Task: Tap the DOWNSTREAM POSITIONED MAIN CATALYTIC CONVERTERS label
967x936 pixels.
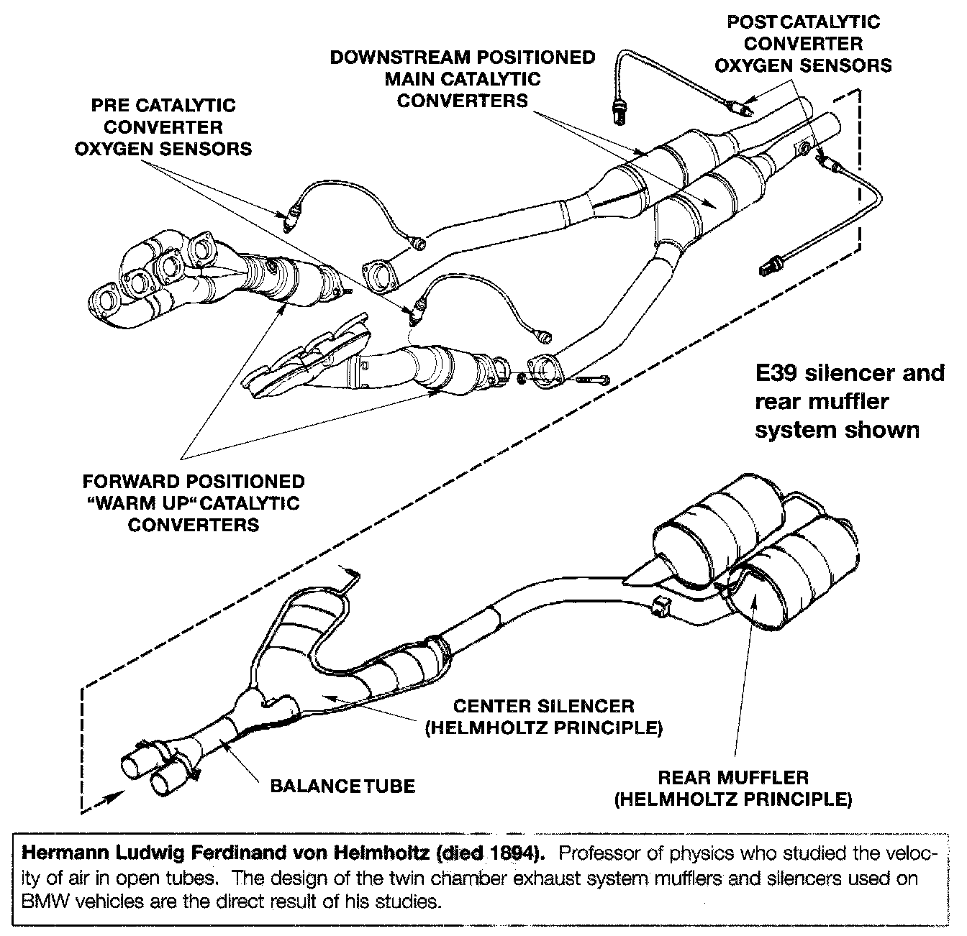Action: [x=462, y=78]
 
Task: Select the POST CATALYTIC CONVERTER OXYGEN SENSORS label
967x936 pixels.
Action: [x=802, y=43]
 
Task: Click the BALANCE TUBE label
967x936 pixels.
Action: [x=342, y=785]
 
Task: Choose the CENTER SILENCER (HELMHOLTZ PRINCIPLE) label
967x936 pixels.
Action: [x=544, y=717]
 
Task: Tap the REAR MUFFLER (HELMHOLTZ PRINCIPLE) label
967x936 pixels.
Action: [x=733, y=788]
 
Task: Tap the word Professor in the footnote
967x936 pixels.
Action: [x=596, y=854]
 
